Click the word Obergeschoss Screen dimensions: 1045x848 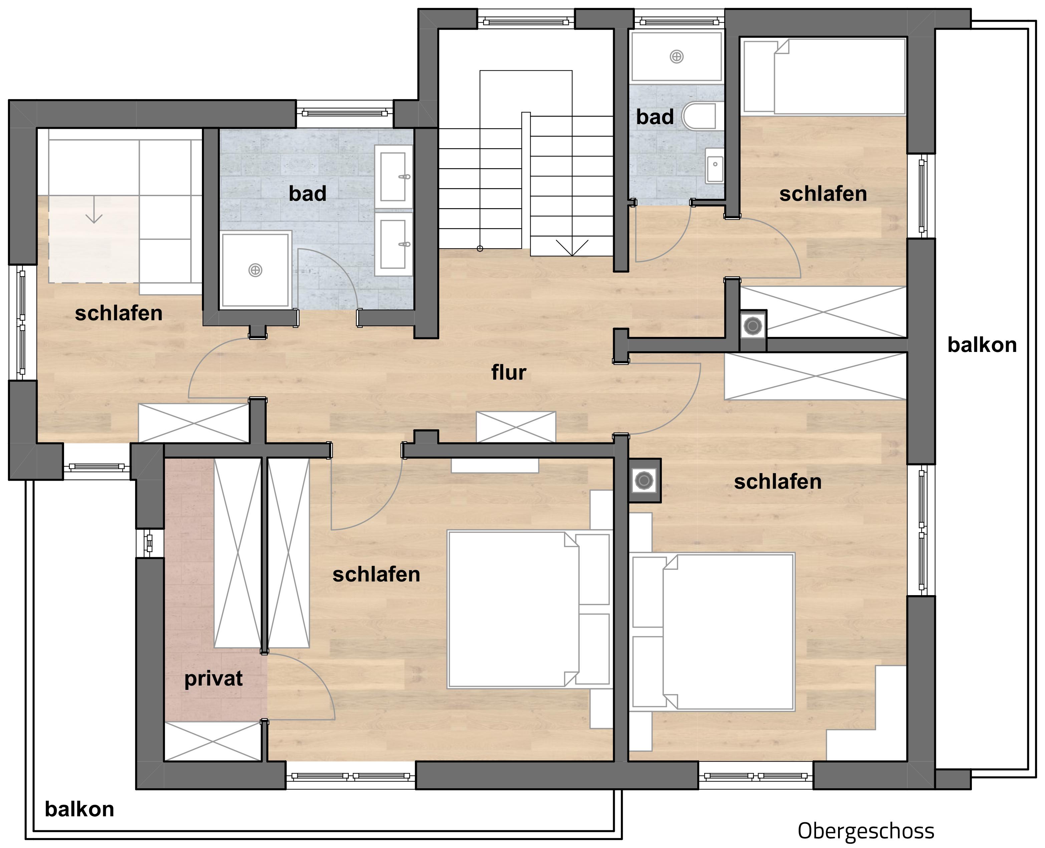coord(866,830)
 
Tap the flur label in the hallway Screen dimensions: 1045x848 coord(508,372)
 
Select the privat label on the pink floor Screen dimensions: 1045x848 coord(213,679)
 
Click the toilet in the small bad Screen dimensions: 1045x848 coord(699,117)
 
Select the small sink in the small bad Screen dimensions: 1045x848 coord(714,165)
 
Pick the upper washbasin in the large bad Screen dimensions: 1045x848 coord(394,176)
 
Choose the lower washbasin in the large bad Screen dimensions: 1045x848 coord(394,244)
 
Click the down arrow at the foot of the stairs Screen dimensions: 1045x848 coord(572,248)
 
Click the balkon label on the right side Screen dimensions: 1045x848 coord(982,345)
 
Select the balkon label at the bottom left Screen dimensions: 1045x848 coord(79,809)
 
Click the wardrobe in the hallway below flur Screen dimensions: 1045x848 coord(516,427)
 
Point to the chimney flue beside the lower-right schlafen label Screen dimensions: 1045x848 coord(644,481)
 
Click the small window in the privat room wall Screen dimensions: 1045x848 coord(150,543)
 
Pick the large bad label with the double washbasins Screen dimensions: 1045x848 coord(307,193)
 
